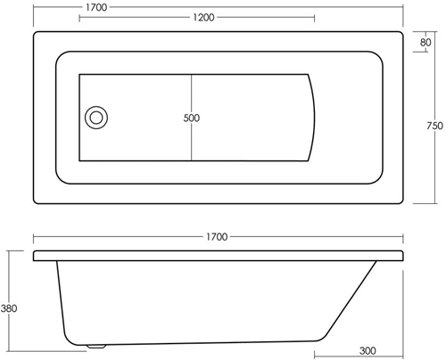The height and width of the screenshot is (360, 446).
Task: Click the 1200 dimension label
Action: pyautogui.click(x=207, y=19)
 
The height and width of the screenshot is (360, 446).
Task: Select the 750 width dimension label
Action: pyautogui.click(x=434, y=126)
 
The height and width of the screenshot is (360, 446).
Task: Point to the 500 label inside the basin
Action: pyautogui.click(x=191, y=118)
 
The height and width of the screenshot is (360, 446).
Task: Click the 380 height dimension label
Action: pyautogui.click(x=9, y=309)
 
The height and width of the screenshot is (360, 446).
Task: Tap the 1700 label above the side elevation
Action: pyautogui.click(x=217, y=237)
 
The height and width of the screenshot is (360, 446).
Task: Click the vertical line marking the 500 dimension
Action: pyautogui.click(x=192, y=143)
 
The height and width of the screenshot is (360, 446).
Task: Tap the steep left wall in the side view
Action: pyautogui.click(x=61, y=299)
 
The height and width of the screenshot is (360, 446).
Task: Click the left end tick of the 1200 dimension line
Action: pyautogui.click(x=78, y=19)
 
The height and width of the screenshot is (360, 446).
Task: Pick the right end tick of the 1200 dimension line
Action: pyautogui.click(x=314, y=19)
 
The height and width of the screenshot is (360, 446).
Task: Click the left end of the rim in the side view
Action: pyautogui.click(x=35, y=256)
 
